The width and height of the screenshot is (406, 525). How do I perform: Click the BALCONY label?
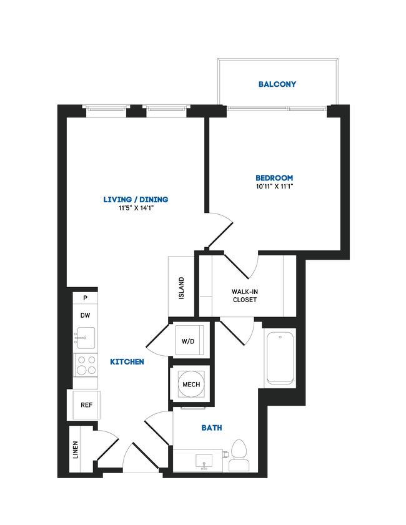pyautogui.click(x=277, y=84)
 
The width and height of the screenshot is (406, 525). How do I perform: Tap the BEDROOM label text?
pyautogui.click(x=274, y=178)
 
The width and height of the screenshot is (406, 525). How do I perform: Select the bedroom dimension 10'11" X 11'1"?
pyautogui.click(x=274, y=187)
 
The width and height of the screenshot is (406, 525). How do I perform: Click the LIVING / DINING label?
pyautogui.click(x=136, y=200)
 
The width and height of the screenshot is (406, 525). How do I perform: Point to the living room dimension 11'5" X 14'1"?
pyautogui.click(x=136, y=208)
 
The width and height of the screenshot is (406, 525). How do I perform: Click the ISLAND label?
pyautogui.click(x=182, y=288)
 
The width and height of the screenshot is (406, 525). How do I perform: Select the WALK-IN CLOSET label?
pyautogui.click(x=244, y=295)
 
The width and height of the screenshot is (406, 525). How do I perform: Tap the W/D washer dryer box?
pyautogui.click(x=188, y=341)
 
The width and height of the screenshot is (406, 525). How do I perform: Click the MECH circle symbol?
pyautogui.click(x=191, y=385)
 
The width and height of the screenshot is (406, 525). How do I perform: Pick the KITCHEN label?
pyautogui.click(x=127, y=362)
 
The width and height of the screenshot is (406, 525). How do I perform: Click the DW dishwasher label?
pyautogui.click(x=85, y=316)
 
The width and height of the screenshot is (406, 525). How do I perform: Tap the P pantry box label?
pyautogui.click(x=85, y=298)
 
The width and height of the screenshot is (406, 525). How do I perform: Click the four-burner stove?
pyautogui.click(x=86, y=364)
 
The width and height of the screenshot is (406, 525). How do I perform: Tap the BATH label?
pyautogui.click(x=212, y=428)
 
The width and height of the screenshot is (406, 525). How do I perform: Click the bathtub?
pyautogui.click(x=280, y=358)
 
